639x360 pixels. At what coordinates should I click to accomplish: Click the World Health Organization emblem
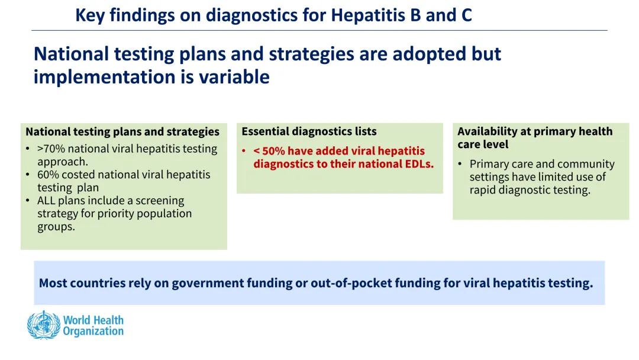click(x=43, y=325)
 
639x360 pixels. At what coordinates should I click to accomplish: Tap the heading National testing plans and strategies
click(x=122, y=131)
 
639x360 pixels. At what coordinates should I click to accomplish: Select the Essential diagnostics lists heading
click(x=309, y=131)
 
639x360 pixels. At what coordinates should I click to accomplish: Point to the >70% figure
click(x=51, y=149)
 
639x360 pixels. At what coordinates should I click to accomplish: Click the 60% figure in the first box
click(x=48, y=175)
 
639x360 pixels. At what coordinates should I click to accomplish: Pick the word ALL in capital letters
click(x=46, y=201)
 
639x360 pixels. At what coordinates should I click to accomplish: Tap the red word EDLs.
click(x=418, y=164)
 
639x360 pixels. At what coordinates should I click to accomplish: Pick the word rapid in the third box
click(x=484, y=191)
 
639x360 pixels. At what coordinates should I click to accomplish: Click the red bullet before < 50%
click(x=244, y=151)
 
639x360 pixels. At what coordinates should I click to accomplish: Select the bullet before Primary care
click(x=460, y=164)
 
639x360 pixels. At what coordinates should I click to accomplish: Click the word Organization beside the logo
click(x=93, y=332)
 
